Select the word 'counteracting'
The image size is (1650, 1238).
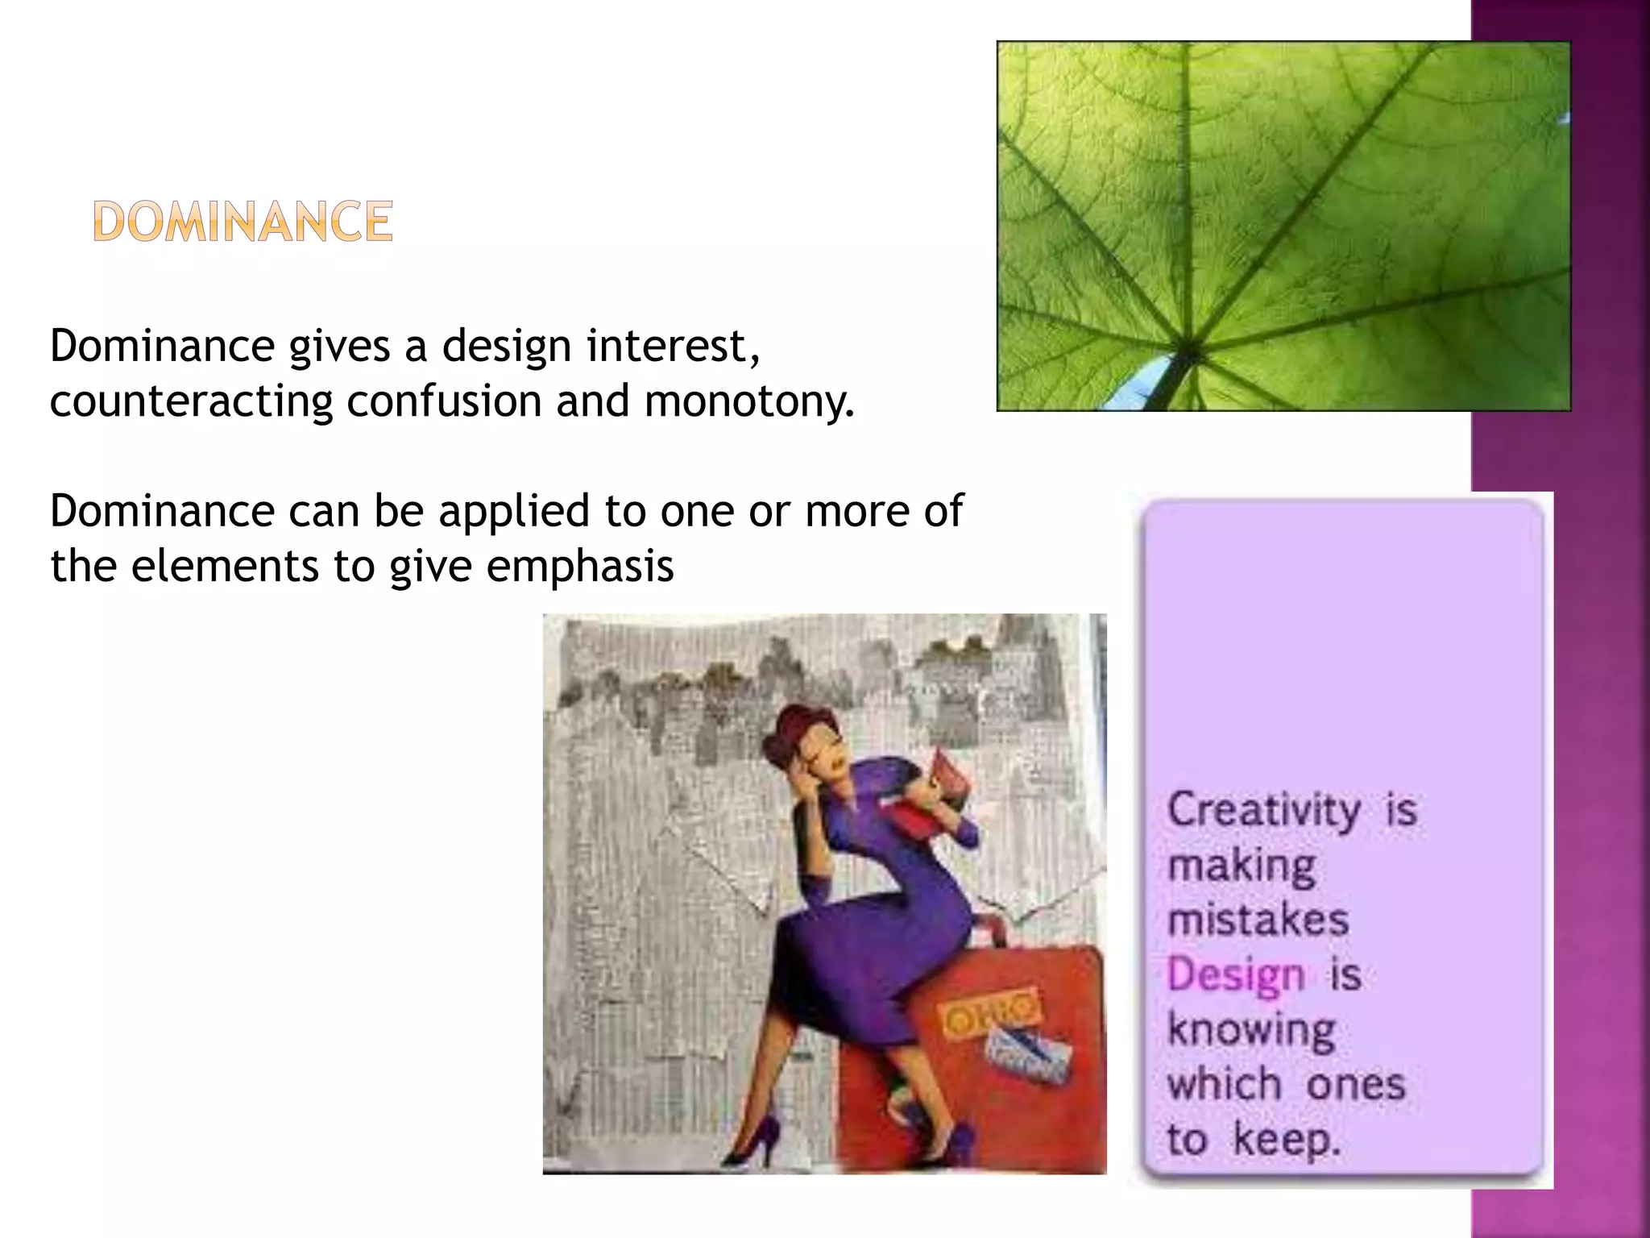[191, 401]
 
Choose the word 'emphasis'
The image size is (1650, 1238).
[579, 567]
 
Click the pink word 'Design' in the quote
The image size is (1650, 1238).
[1235, 974]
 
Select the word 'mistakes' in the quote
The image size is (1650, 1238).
[1258, 920]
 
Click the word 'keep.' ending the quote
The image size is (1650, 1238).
[1287, 1140]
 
